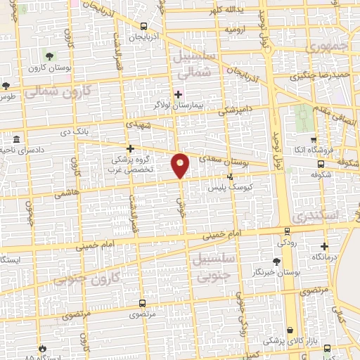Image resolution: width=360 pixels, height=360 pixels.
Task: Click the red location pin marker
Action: point(181,165)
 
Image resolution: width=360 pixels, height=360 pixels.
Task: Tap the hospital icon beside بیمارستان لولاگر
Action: point(178,94)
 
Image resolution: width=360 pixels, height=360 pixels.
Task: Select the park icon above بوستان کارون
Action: point(49,56)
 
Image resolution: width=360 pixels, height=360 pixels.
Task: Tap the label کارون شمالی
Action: point(58,91)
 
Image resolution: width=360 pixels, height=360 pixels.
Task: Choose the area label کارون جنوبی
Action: point(86,278)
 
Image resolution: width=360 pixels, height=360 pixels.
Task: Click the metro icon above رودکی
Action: point(287,231)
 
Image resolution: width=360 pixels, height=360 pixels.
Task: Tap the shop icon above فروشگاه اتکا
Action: point(314,140)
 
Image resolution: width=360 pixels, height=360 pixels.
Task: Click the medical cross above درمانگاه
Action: point(324,246)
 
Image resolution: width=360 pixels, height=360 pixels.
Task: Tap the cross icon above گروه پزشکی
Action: point(131,148)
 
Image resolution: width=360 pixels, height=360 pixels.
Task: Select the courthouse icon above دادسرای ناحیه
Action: point(15,139)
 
